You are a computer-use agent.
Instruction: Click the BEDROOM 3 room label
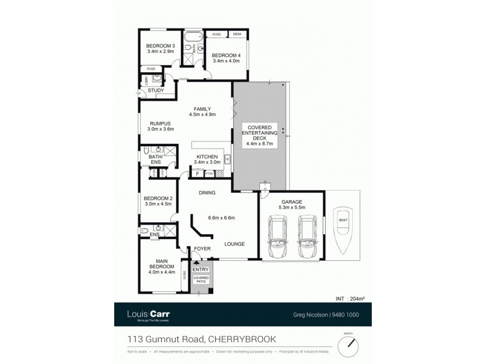pos(160,47)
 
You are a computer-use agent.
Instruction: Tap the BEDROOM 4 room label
pos(226,56)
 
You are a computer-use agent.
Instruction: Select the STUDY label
pos(156,91)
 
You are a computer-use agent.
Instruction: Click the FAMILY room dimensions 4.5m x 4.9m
pos(202,114)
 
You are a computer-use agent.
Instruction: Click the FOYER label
pos(201,248)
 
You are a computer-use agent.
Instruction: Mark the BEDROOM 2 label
pos(159,198)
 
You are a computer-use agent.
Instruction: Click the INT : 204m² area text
pos(350,298)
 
